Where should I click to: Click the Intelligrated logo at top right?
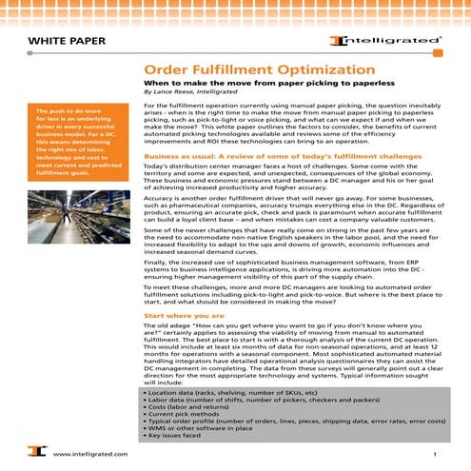click(385, 41)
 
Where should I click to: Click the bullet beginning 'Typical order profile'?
click(285, 422)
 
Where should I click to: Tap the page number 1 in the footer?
click(433, 456)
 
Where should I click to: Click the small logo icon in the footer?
click(34, 455)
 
